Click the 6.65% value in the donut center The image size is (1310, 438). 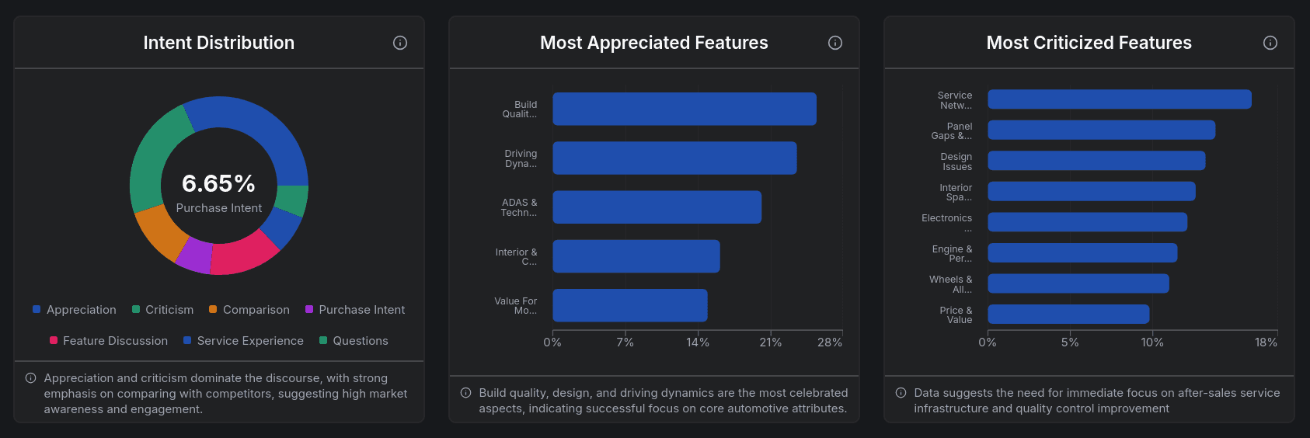click(x=218, y=183)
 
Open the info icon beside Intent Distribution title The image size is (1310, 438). click(x=400, y=43)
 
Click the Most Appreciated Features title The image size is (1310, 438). click(x=653, y=43)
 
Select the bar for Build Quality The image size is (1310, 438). click(x=684, y=109)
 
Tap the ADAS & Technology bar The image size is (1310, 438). click(x=657, y=207)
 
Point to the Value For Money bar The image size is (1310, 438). click(x=629, y=305)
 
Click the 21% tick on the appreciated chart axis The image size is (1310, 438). click(x=770, y=342)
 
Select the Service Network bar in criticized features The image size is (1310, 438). click(x=1119, y=99)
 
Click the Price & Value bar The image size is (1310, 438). click(x=1068, y=315)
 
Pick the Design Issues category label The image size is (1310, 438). click(x=956, y=162)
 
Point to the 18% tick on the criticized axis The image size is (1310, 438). click(x=1266, y=342)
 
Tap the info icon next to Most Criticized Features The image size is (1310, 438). click(x=1270, y=43)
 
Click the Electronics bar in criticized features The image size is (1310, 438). click(x=1087, y=222)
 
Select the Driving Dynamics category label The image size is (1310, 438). click(x=521, y=158)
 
